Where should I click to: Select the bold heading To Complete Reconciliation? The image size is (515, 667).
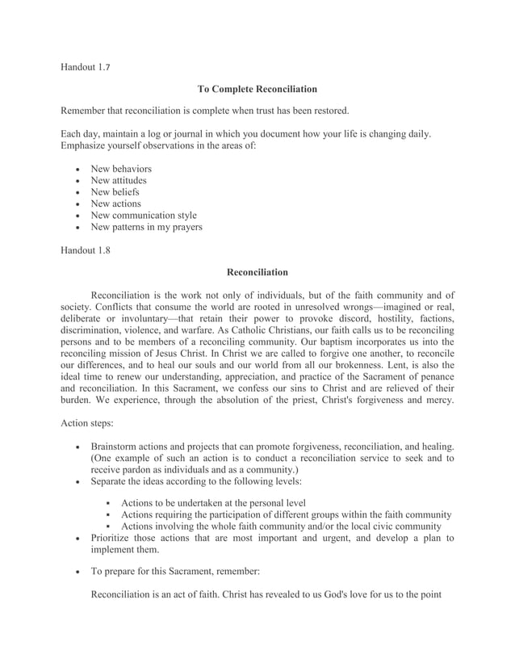(x=257, y=88)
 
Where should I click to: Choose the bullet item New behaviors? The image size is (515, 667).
(x=121, y=169)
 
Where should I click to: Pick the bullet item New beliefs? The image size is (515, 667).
(x=115, y=192)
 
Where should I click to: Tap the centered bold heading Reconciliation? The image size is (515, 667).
(x=257, y=272)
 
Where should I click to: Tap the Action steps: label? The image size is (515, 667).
(x=90, y=422)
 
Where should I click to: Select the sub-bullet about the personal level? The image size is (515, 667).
(x=213, y=503)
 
